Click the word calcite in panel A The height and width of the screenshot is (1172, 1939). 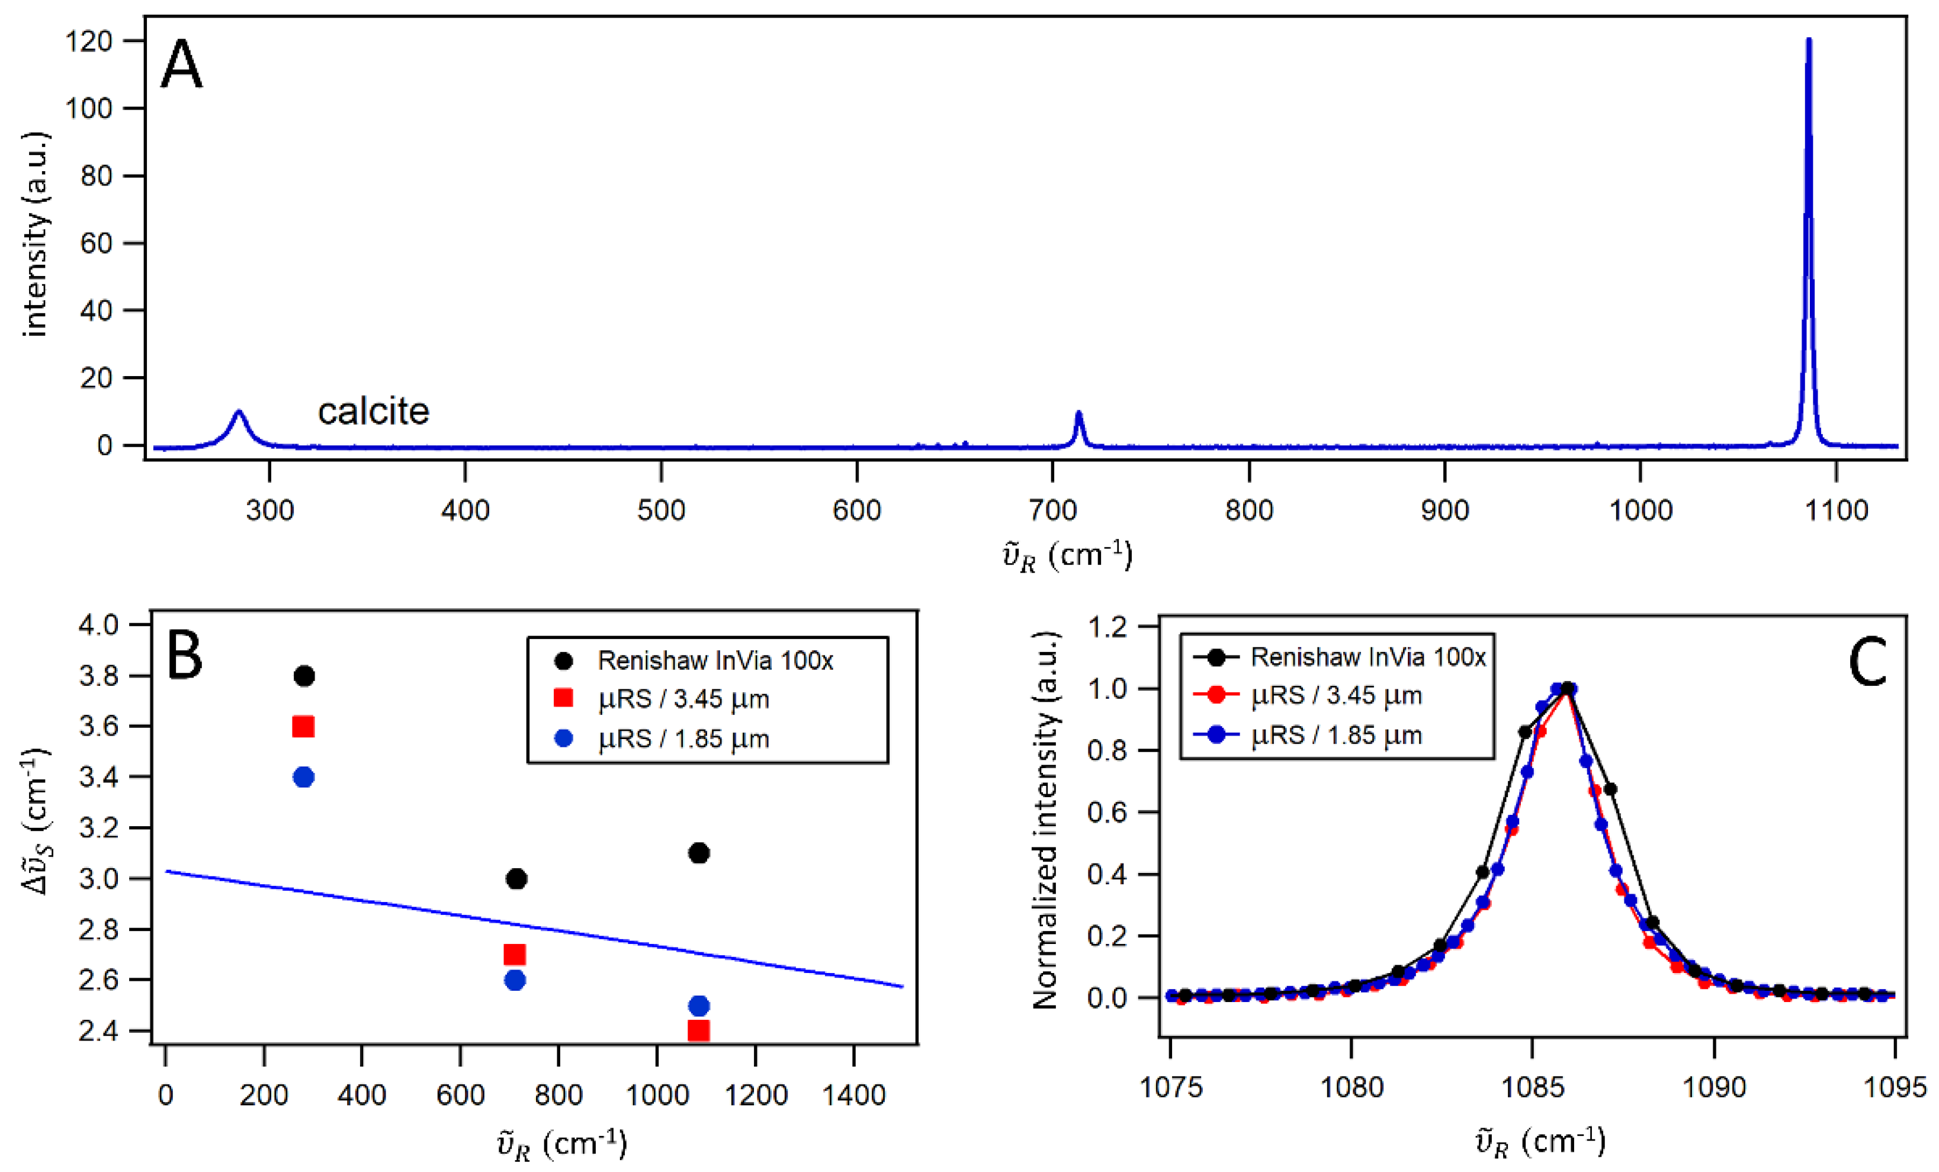pyautogui.click(x=373, y=412)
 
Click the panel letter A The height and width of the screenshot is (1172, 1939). pyautogui.click(x=182, y=66)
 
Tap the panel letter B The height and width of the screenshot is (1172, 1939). pyautogui.click(x=185, y=656)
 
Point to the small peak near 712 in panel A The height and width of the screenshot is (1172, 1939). pyautogui.click(x=1079, y=415)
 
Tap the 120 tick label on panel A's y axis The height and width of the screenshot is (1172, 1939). pyautogui.click(x=89, y=41)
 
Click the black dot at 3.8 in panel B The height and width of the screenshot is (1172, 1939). pyautogui.click(x=304, y=676)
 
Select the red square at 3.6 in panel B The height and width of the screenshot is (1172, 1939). pyautogui.click(x=303, y=727)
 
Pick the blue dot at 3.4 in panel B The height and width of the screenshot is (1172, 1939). pyautogui.click(x=303, y=778)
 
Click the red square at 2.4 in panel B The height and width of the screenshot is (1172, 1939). pyautogui.click(x=698, y=1030)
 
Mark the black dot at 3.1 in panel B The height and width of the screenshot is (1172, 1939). pyautogui.click(x=699, y=853)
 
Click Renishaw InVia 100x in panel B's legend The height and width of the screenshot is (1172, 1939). pyautogui.click(x=714, y=660)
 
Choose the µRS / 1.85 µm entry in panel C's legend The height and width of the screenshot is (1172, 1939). pyautogui.click(x=1336, y=735)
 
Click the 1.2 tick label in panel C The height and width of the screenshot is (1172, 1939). pyautogui.click(x=1108, y=627)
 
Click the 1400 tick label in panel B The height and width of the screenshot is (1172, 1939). pyautogui.click(x=854, y=1095)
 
